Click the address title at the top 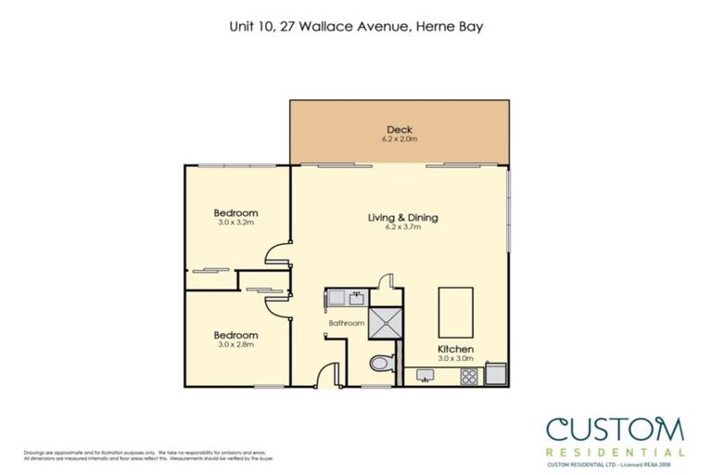coord(355,27)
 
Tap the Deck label coord(400,129)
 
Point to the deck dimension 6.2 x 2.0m coord(400,139)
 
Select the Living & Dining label coord(402,218)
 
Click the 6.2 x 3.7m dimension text coord(402,227)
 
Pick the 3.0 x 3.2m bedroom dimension coord(235,223)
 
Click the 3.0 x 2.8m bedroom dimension coord(235,344)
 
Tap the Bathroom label coord(346,323)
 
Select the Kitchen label coord(454,350)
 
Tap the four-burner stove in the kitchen coord(469,376)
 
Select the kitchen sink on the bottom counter coord(427,376)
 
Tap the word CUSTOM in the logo coord(614,429)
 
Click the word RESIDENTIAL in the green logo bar coord(615,452)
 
